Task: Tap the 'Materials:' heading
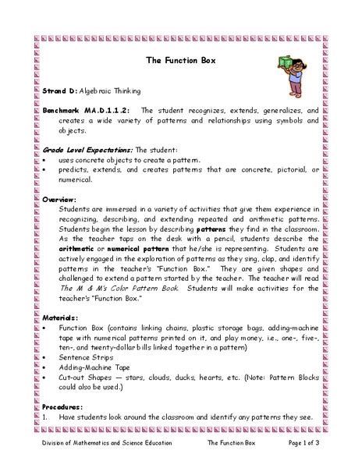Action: pos(60,318)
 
